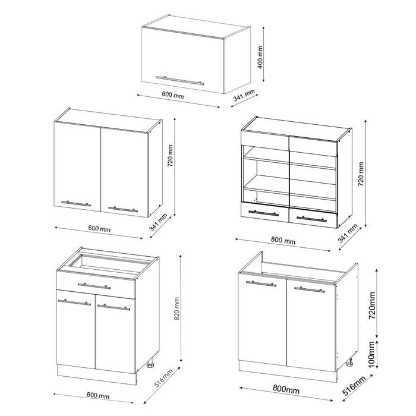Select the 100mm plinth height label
point(371,354)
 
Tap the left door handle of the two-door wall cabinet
point(76,203)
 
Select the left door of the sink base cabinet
point(262,321)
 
